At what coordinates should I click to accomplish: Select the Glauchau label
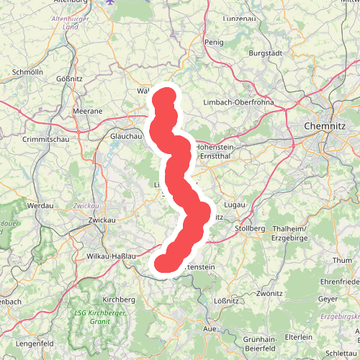[123, 135]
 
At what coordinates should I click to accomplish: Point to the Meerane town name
[88, 112]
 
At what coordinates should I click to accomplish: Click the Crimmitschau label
[45, 139]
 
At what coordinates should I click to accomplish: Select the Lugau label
[235, 205]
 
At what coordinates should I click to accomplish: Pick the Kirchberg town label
[119, 298]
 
